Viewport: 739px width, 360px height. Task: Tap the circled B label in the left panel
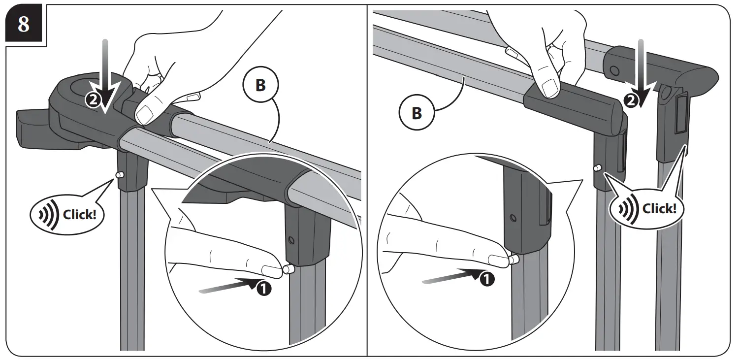[260, 85]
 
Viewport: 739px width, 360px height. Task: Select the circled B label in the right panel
[416, 113]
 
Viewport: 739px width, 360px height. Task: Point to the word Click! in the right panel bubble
[660, 208]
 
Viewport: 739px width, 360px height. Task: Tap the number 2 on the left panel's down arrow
[92, 99]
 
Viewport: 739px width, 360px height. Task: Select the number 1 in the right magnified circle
[485, 279]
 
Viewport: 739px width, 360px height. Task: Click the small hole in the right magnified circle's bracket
[513, 217]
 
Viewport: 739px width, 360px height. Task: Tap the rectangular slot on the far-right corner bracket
[681, 115]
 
